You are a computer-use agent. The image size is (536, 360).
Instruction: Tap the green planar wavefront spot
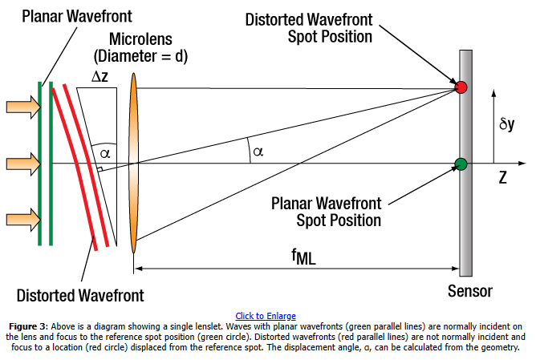[461, 164]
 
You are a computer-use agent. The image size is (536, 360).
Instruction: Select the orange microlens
[133, 164]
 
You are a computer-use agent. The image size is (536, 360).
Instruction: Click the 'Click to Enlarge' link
[266, 316]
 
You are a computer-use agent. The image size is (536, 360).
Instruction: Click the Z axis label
[502, 178]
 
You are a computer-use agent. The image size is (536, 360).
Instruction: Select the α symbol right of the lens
[257, 151]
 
